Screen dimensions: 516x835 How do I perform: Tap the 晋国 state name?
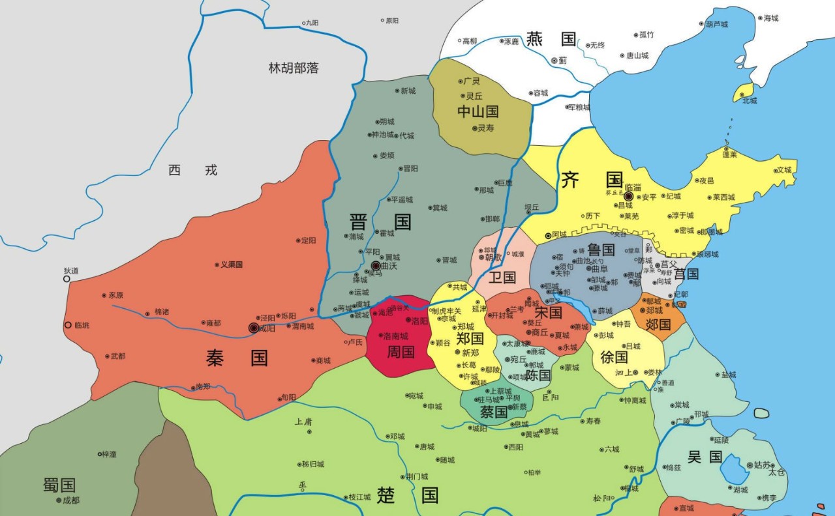[380, 222]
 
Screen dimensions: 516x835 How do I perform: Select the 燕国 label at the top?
[551, 39]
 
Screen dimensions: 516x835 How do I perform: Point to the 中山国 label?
[478, 111]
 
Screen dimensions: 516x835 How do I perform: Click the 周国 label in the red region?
[401, 352]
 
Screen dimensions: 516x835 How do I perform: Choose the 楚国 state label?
[407, 495]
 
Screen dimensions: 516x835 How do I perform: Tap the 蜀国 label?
[59, 485]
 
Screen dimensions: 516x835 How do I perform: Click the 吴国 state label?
[705, 457]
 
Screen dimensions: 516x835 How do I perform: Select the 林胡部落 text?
[294, 68]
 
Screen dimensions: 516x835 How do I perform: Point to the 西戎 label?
[192, 170]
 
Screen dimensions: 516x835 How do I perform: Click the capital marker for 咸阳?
[254, 328]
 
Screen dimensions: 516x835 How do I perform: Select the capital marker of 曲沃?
[376, 266]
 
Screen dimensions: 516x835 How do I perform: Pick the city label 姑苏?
[761, 465]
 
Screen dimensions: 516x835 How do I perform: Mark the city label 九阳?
[311, 23]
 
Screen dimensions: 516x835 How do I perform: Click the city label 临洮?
[82, 325]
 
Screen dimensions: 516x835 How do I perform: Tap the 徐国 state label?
[613, 357]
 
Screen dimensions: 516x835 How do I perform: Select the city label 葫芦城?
[716, 24]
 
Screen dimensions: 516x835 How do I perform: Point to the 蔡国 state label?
[493, 412]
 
